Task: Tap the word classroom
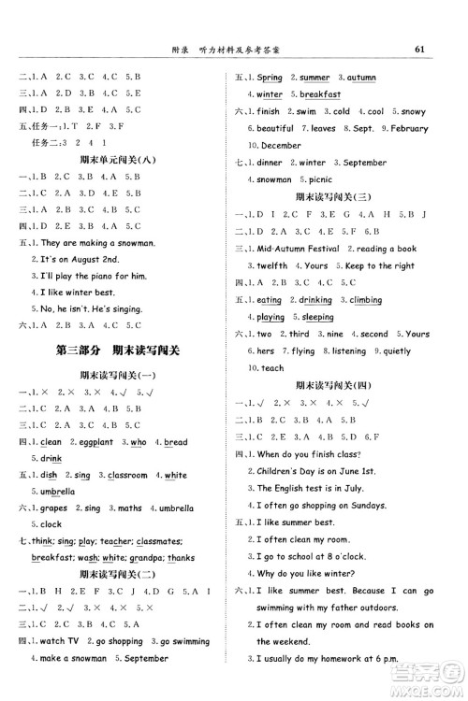click(129, 476)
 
